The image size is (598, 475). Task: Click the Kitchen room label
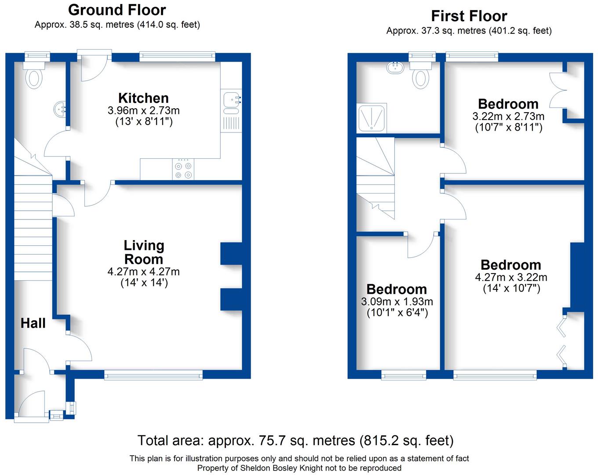point(143,98)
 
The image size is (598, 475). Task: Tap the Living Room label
point(144,252)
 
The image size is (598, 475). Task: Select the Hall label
point(33,323)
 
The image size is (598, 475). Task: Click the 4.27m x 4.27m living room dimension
point(144,272)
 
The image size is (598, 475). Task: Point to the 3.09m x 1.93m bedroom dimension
point(397,302)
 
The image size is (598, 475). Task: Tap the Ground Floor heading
point(117,10)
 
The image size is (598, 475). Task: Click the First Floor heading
point(469,16)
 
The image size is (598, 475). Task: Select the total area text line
point(295,440)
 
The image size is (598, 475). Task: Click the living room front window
point(153,375)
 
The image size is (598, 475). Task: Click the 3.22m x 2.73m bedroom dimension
point(508,117)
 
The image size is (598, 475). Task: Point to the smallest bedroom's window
point(404,375)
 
